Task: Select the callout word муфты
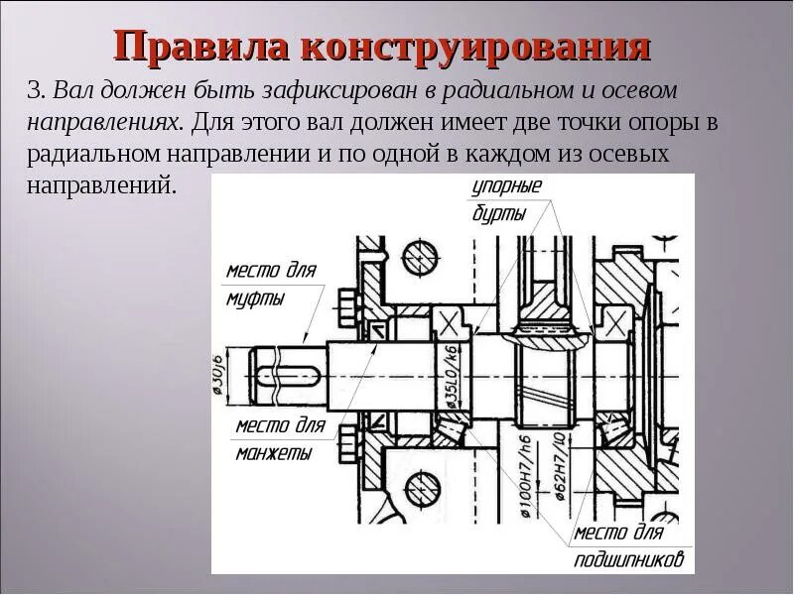coord(253,297)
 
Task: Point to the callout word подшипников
coord(631,560)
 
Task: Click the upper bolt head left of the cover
coord(346,301)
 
